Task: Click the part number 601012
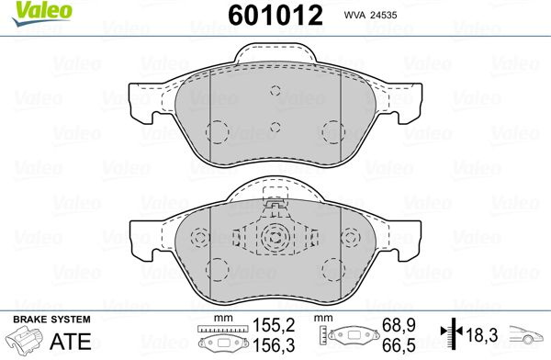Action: [x=275, y=16]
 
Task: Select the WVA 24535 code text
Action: [x=370, y=15]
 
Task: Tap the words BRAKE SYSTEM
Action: [x=51, y=320]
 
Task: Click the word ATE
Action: [x=71, y=341]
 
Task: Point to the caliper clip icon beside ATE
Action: [x=25, y=340]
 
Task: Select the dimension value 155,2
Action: [x=274, y=325]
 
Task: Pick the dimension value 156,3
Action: [x=274, y=345]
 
